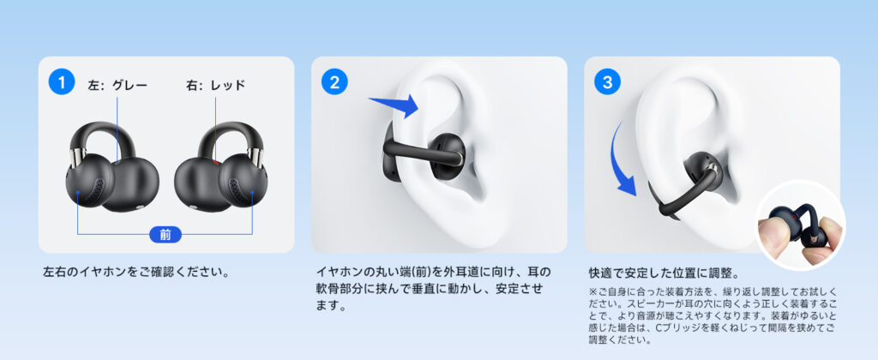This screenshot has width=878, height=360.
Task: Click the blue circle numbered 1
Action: pos(62,82)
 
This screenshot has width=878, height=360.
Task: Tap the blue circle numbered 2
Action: pos(334,82)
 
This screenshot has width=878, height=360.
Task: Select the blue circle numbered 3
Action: pos(608,82)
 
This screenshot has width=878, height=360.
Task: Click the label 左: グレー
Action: pos(117,86)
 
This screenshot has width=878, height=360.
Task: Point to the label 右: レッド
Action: pos(215,86)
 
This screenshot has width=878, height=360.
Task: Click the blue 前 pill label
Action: pos(165,234)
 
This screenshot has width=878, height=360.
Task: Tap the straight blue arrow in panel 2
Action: pos(394,105)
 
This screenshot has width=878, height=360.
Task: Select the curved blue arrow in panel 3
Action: pos(622,159)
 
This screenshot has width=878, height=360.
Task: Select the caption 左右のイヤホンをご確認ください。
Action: pos(137,273)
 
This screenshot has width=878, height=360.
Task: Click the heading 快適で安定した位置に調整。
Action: pos(665,273)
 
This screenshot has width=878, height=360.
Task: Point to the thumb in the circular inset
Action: pos(772,231)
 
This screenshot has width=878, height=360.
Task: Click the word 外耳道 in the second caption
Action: pos(467,273)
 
